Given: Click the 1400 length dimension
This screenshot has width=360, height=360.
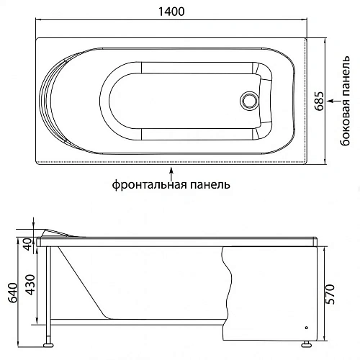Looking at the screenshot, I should pos(171,12).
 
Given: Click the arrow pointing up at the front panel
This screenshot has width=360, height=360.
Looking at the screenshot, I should pos(171,171).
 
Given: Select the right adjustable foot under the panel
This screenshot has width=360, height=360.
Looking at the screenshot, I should pos(307,345).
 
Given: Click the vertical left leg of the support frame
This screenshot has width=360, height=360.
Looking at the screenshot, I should pos(48,292).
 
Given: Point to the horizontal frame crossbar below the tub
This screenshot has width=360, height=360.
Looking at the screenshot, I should pos(137,319).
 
